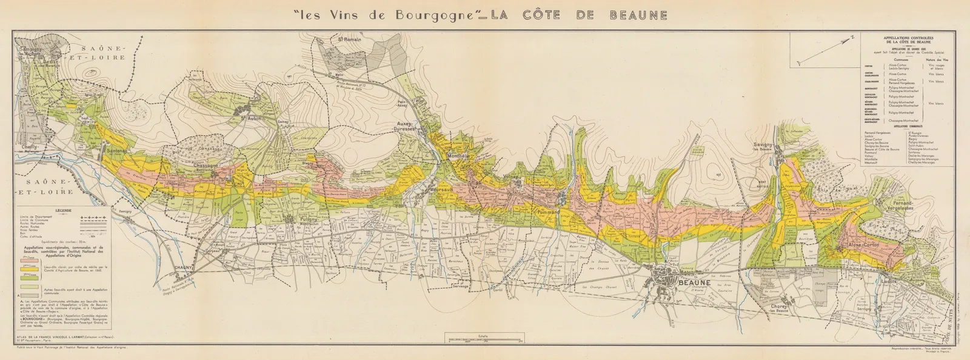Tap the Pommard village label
click(x=547, y=212)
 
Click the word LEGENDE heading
click(x=63, y=210)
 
